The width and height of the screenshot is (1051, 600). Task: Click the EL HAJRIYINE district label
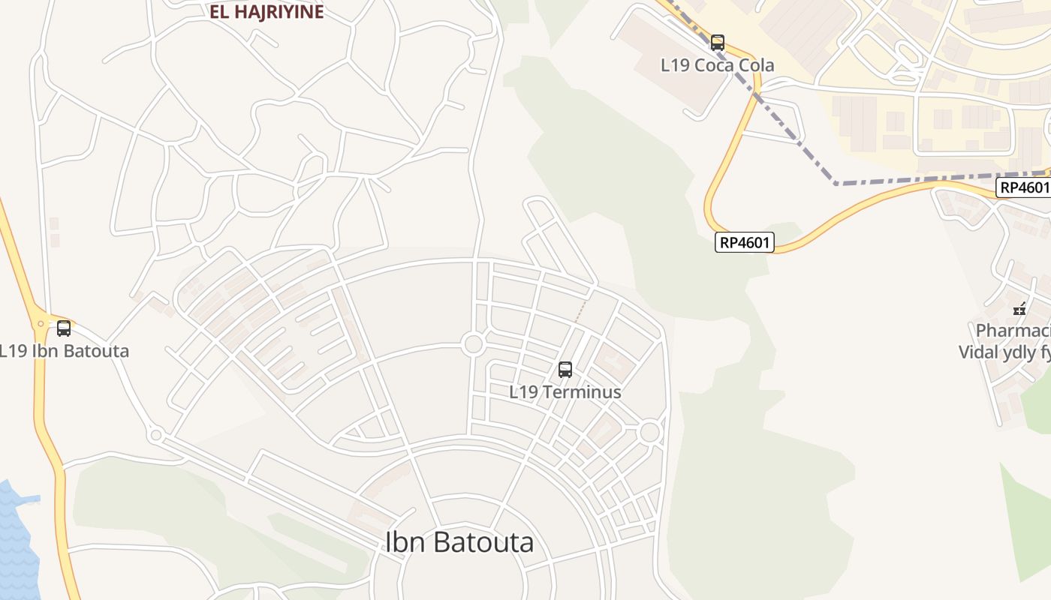(x=267, y=12)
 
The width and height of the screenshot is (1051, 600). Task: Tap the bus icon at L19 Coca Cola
(x=718, y=42)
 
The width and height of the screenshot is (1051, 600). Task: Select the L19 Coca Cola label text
(x=717, y=65)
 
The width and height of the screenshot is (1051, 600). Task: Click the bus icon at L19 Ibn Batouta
(x=64, y=328)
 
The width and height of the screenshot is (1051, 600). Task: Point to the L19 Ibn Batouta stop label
(x=64, y=351)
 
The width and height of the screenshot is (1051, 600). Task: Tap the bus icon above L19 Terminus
(x=565, y=369)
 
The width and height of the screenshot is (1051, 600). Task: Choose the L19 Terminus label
(x=565, y=391)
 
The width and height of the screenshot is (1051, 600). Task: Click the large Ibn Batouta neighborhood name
(x=459, y=541)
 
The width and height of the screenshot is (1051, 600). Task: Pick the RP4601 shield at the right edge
(x=1023, y=187)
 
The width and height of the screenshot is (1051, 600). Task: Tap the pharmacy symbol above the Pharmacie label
(x=1019, y=308)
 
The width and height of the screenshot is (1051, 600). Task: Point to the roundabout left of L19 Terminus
(x=473, y=345)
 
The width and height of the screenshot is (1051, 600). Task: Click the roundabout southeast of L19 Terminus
(x=650, y=432)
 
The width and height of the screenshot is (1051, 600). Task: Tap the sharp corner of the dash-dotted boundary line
(x=836, y=183)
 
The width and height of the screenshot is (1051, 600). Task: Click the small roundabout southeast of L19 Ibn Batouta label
(x=156, y=434)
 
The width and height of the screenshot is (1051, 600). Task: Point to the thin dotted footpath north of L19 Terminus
(x=580, y=312)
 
